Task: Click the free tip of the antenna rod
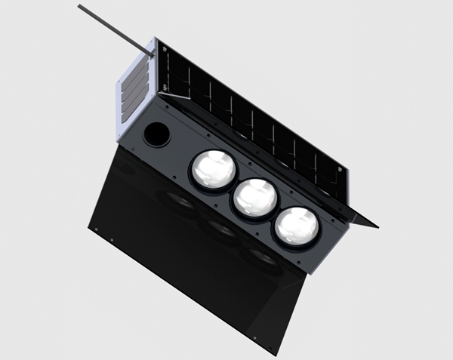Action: click(x=80, y=7)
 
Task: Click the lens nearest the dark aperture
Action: click(x=212, y=171)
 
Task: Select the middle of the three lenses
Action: click(x=253, y=198)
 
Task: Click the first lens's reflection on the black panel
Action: click(x=181, y=200)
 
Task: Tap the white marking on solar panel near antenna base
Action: click(x=161, y=51)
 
